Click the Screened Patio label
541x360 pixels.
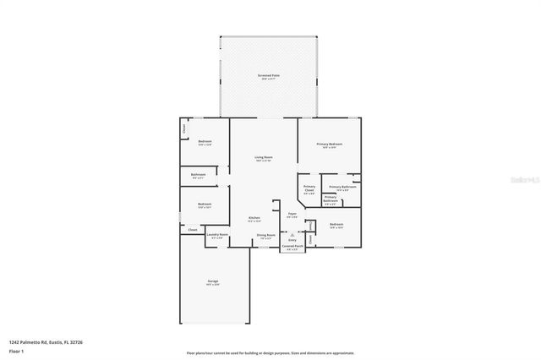pyautogui.click(x=269, y=76)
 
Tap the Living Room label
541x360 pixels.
pyautogui.click(x=264, y=157)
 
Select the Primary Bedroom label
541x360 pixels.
pyautogui.click(x=329, y=145)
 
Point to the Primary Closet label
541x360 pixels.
pyautogui.click(x=309, y=188)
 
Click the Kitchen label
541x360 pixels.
pyautogui.click(x=254, y=218)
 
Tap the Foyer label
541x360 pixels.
pyautogui.click(x=292, y=214)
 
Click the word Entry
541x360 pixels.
pyautogui.click(x=292, y=240)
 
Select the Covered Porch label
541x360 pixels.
pyautogui.click(x=292, y=247)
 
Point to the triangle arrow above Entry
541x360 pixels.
pyautogui.click(x=292, y=234)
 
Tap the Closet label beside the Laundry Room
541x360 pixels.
pyautogui.click(x=192, y=230)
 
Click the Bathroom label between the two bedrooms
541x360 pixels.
pyautogui.click(x=199, y=175)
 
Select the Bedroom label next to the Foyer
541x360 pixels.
pyautogui.click(x=336, y=224)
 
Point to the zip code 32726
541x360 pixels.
pyautogui.click(x=78, y=341)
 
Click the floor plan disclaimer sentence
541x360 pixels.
pyautogui.click(x=270, y=353)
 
